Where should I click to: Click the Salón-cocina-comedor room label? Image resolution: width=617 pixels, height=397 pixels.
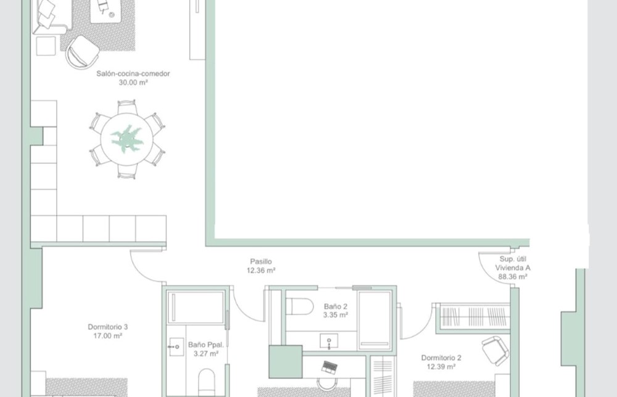(x=133, y=73)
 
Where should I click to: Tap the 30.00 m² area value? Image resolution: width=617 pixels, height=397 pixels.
(x=133, y=83)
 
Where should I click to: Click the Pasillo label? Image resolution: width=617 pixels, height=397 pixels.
(x=261, y=261)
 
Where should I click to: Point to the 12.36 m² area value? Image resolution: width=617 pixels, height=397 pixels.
(x=261, y=271)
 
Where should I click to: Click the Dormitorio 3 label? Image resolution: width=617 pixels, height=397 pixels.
(x=107, y=327)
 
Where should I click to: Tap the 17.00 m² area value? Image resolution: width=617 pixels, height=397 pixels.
(x=107, y=336)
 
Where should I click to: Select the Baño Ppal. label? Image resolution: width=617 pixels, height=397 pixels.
(x=206, y=345)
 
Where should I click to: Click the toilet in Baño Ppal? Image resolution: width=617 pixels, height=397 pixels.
(x=206, y=382)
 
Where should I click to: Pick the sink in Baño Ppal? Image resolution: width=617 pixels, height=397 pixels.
(x=176, y=346)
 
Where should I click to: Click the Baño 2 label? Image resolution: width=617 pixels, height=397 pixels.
(x=336, y=306)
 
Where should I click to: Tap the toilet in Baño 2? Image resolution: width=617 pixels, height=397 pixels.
(x=299, y=306)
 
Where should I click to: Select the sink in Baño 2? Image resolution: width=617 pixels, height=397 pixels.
(x=329, y=342)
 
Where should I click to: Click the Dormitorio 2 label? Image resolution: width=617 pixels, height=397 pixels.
(x=441, y=358)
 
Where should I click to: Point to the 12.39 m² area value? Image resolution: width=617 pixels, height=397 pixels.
(x=441, y=367)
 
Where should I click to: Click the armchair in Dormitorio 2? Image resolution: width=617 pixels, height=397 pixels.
(x=495, y=350)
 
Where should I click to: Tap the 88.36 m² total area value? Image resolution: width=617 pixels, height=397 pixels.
(x=513, y=277)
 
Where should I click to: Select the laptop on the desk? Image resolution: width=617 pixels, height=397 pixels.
(x=329, y=367)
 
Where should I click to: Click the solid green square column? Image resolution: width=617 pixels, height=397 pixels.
(x=286, y=362)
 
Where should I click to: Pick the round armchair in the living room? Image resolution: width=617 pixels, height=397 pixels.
(x=82, y=52)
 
